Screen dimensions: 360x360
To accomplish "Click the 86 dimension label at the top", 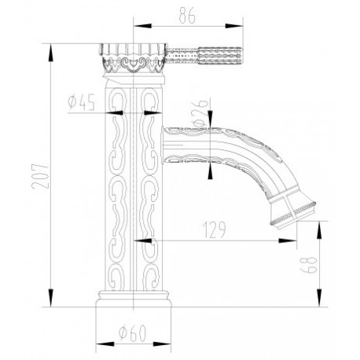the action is click(x=187, y=16).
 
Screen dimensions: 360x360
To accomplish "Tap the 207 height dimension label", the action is click(x=40, y=176).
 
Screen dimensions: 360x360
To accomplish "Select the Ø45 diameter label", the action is click(x=81, y=103).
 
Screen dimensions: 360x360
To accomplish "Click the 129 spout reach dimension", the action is click(x=214, y=230).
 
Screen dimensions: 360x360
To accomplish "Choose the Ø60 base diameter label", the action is click(x=132, y=333).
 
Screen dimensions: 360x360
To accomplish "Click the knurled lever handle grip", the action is click(x=219, y=56).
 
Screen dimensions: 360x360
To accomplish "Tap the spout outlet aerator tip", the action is click(x=293, y=215).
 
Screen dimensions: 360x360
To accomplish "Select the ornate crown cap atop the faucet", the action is click(x=133, y=58).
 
